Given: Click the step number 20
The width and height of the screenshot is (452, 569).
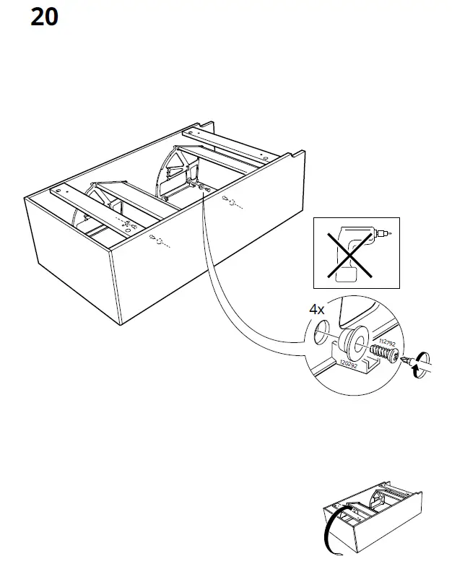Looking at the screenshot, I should point(44,17).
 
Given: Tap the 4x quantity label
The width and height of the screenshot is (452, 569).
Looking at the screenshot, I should point(317,309).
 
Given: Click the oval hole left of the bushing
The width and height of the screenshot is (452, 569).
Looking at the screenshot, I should point(321,333).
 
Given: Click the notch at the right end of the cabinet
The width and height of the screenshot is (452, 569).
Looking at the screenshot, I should point(295,153).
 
